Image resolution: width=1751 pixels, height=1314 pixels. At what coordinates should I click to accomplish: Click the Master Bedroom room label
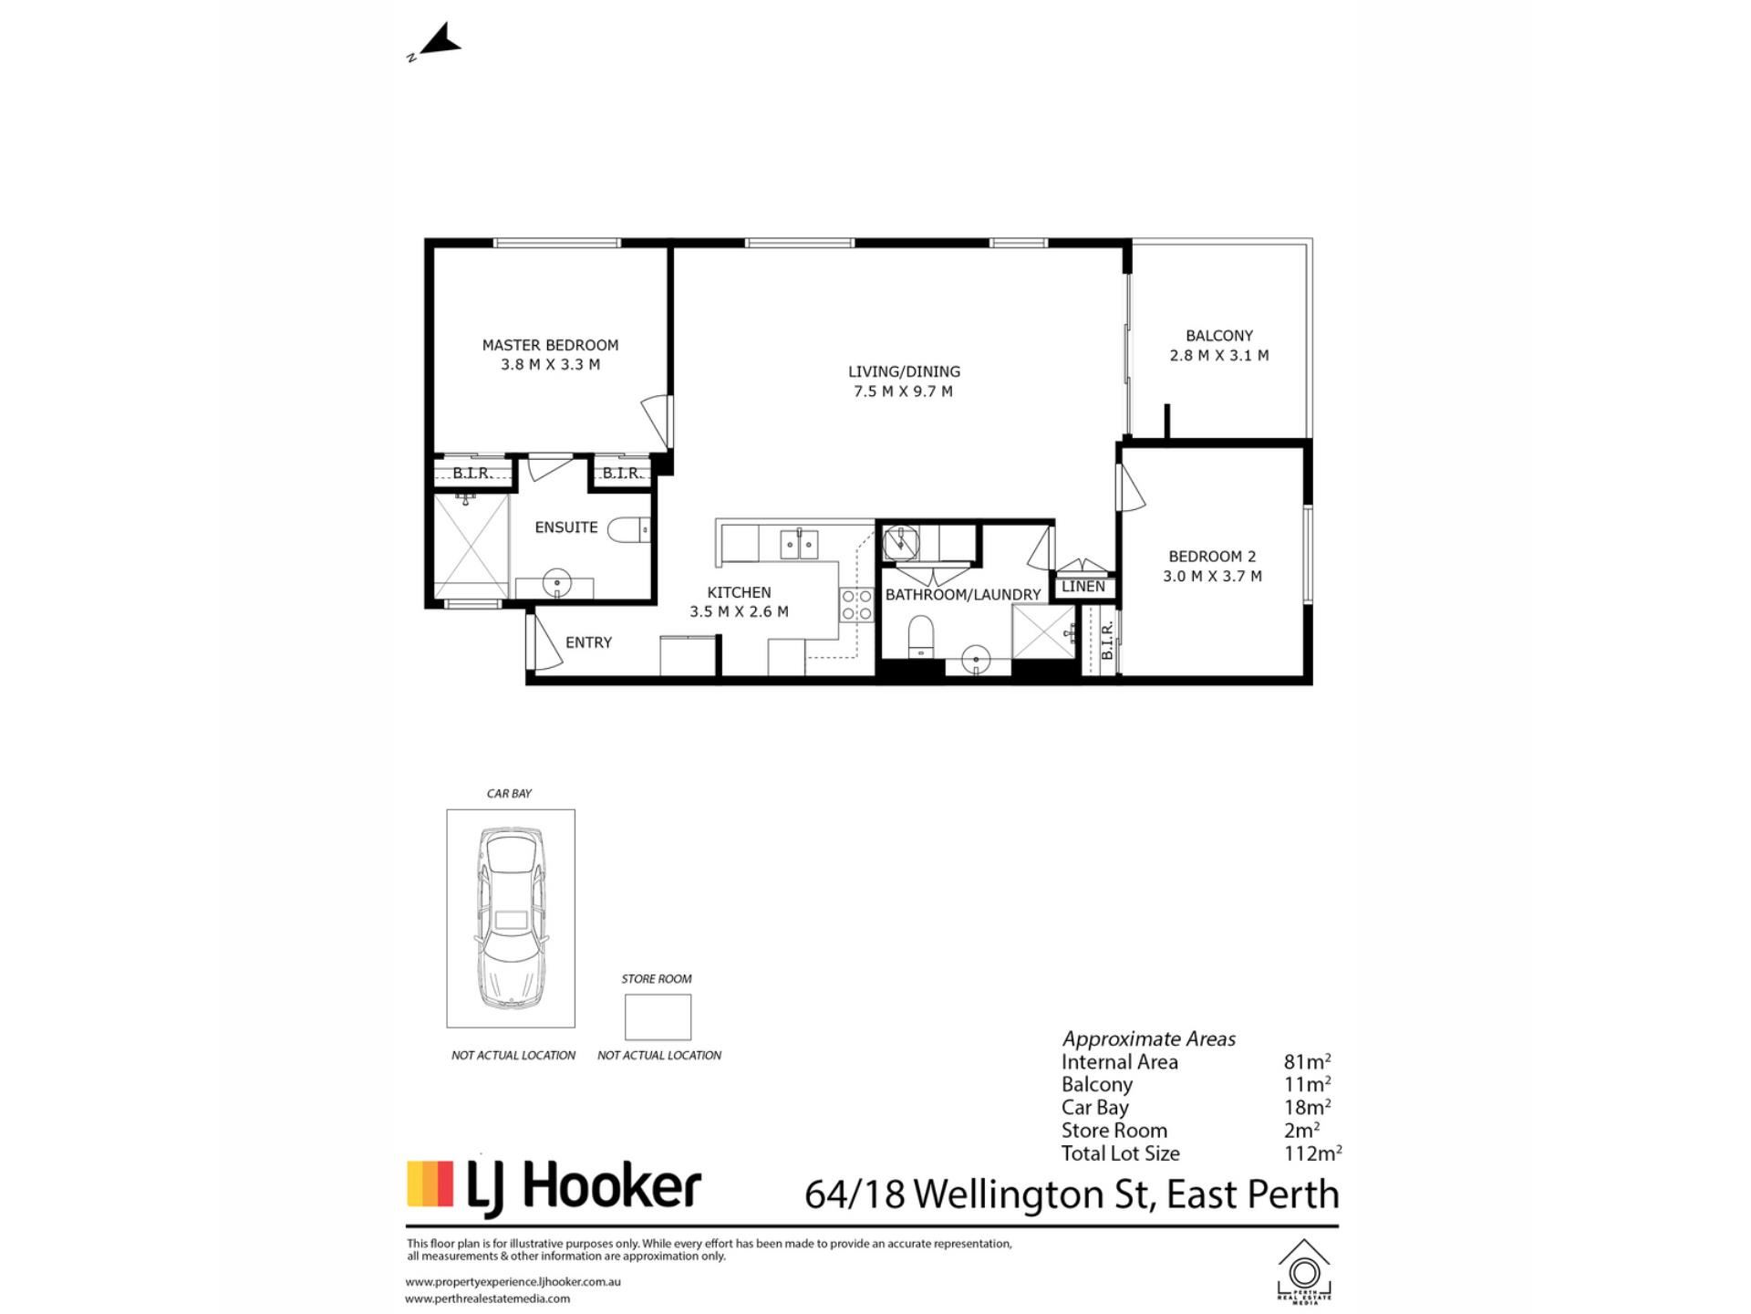[550, 345]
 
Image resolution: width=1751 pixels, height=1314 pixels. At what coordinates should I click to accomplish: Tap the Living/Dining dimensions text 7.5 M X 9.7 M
[903, 391]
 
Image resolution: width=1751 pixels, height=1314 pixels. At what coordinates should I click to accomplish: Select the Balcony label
[1219, 336]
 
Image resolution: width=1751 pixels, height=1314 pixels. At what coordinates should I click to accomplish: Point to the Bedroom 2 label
[1212, 557]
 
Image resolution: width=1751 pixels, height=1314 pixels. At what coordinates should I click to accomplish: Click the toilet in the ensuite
[628, 529]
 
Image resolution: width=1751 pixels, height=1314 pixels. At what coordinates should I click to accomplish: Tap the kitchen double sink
[799, 544]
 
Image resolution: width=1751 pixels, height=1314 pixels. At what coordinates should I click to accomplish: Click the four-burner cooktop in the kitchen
[856, 605]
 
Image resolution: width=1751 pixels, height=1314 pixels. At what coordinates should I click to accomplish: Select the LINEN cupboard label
[1083, 587]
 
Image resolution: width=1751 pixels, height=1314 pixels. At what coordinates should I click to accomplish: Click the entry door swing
[545, 641]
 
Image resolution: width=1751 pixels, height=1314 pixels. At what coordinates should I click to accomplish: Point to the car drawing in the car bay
[510, 918]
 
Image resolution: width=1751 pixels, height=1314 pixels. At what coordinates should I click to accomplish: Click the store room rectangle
[658, 1017]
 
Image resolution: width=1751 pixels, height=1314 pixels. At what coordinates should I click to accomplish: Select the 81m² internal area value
[1307, 1061]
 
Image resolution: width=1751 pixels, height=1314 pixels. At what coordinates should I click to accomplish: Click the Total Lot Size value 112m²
[1312, 1153]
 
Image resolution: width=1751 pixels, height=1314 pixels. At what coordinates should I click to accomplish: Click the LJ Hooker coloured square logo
[430, 1184]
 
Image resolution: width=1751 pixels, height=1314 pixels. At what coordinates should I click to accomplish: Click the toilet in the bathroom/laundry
[921, 634]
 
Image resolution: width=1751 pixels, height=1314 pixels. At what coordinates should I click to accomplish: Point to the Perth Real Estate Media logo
[1304, 1270]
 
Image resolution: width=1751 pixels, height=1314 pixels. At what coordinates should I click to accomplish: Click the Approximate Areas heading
[1148, 1039]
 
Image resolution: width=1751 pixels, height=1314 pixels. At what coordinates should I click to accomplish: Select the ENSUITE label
[566, 527]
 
